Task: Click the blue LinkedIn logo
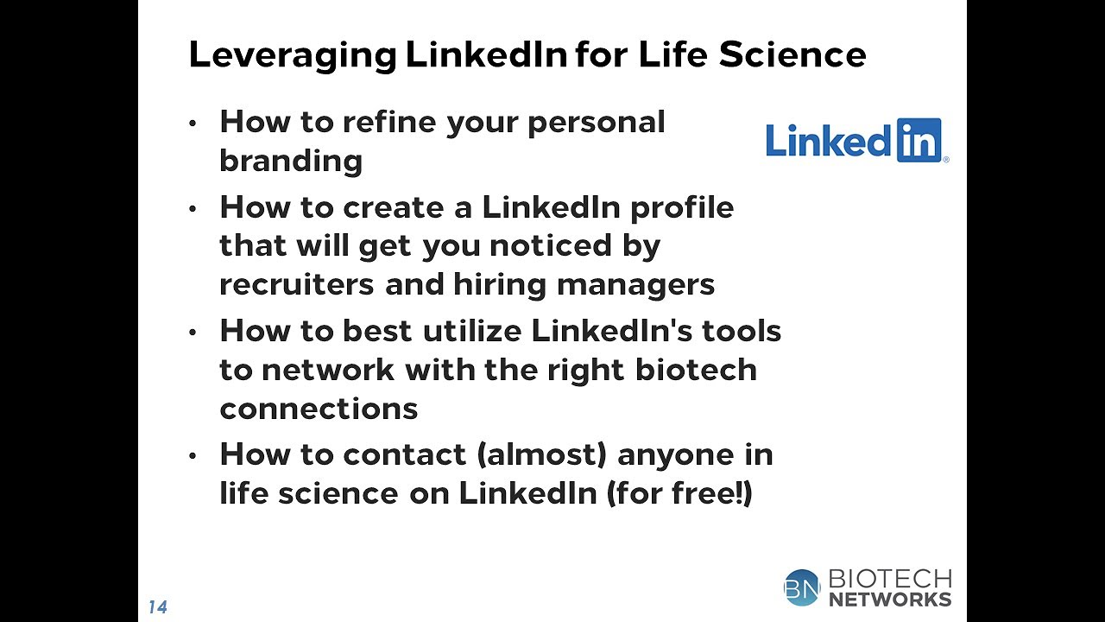tap(856, 141)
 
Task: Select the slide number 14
tap(157, 607)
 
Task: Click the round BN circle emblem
tap(802, 587)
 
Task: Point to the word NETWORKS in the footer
tap(889, 599)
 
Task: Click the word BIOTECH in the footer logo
tap(889, 578)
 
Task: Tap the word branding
tap(291, 162)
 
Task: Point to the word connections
tap(319, 409)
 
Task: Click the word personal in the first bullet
tap(597, 123)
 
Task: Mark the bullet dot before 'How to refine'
tap(193, 124)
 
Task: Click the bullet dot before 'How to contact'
tap(193, 456)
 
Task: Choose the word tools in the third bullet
tap(742, 331)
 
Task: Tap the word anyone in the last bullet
tap(671, 455)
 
